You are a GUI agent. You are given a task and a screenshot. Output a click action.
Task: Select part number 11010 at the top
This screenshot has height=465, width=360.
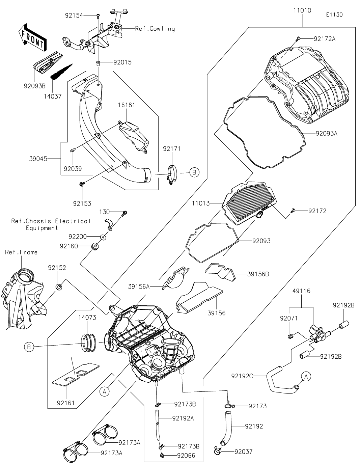point(302,10)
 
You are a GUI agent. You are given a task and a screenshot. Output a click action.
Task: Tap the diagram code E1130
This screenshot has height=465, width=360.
point(334,15)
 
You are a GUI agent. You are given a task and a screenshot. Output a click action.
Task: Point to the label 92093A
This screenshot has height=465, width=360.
point(326,133)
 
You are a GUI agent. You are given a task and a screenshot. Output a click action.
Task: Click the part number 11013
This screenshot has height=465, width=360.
point(201,203)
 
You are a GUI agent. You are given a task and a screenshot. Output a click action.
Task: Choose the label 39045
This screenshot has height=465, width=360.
point(38,158)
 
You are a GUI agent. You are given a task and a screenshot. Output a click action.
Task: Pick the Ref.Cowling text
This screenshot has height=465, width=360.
point(155,29)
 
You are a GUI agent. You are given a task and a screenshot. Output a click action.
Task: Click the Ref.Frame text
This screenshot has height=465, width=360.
point(21,252)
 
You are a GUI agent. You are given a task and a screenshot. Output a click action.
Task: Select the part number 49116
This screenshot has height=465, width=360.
point(301,291)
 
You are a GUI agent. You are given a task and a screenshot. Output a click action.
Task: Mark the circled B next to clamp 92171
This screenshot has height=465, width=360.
point(194,172)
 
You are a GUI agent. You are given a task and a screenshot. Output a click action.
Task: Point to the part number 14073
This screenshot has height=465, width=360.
point(87,317)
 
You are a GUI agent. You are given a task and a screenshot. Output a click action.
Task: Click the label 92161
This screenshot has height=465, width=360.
point(66,403)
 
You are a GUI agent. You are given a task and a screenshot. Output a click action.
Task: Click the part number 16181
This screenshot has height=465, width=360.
point(127,105)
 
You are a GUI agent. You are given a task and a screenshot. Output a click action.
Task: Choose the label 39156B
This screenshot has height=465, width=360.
point(258,274)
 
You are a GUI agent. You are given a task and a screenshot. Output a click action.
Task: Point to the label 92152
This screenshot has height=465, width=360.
point(57,268)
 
